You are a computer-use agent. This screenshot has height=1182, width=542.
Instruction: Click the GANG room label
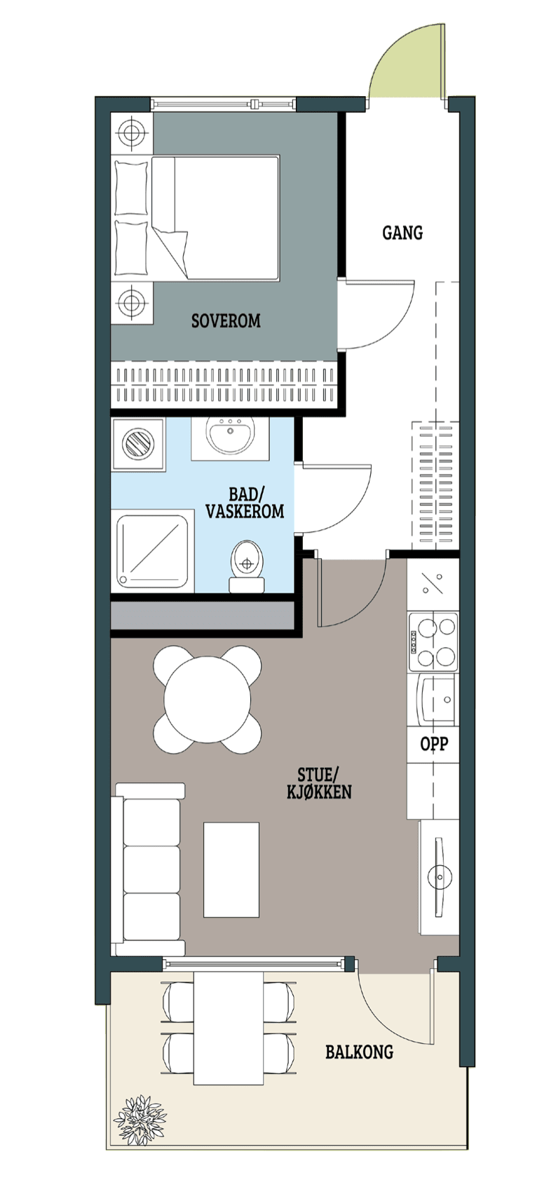402,233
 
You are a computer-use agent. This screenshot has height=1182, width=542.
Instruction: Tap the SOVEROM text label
226,320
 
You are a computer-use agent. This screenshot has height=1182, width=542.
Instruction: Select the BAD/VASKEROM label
245,503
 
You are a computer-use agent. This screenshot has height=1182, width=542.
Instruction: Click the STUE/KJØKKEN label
319,783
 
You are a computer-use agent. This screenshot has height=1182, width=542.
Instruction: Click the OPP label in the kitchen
434,744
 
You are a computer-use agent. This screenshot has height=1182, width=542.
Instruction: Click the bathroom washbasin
231,436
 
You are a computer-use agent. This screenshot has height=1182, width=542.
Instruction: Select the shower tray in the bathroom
153,551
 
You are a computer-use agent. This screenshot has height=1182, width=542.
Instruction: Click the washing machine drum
138,442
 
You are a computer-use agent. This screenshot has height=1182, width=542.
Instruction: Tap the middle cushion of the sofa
152,870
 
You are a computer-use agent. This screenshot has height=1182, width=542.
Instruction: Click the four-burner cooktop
433,641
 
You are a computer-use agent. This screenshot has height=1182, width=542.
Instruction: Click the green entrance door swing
405,62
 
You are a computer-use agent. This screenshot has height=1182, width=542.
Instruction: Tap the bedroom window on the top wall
223,104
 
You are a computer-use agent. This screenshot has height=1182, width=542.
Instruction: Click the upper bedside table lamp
131,133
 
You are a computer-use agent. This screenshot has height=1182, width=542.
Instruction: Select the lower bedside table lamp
131,302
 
